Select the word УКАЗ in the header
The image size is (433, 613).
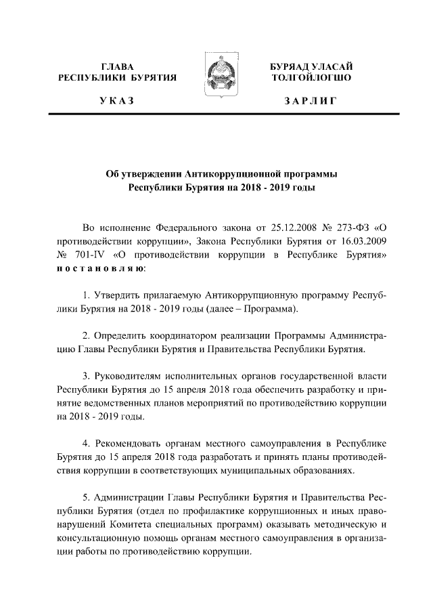(x=116, y=102)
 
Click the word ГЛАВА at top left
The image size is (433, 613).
(x=117, y=66)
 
